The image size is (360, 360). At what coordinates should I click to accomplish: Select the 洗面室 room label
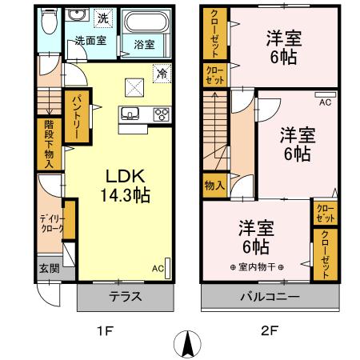click(x=91, y=40)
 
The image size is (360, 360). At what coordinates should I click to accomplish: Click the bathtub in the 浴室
click(x=145, y=22)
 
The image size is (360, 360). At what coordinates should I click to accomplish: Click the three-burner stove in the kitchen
click(x=162, y=114)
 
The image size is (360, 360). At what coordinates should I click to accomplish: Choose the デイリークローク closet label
click(x=52, y=224)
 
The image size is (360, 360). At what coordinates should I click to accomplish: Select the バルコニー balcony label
click(x=269, y=297)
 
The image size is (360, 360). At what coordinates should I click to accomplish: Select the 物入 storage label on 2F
click(x=214, y=185)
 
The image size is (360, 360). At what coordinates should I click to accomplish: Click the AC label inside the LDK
click(x=158, y=268)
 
